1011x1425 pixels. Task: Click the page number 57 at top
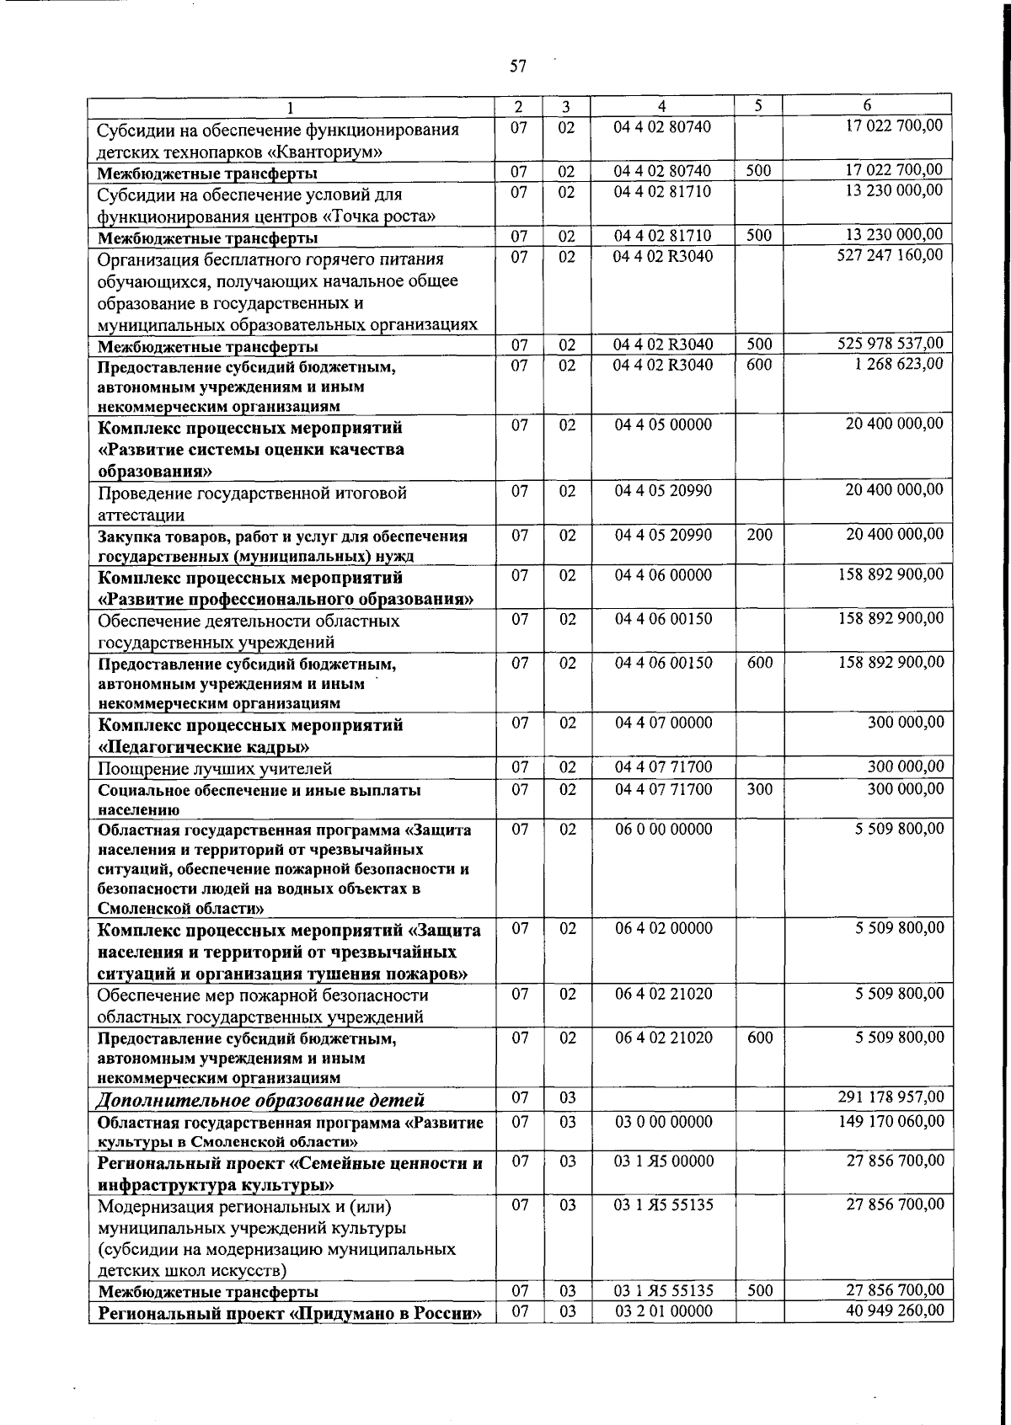coord(517,67)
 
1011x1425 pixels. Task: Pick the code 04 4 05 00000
coord(663,424)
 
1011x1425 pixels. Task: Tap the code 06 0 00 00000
coord(663,829)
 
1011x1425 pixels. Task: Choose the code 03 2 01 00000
coord(663,1310)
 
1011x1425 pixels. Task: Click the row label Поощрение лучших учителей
coord(215,768)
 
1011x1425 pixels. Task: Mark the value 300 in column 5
coord(759,789)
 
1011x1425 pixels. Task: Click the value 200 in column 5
coord(759,534)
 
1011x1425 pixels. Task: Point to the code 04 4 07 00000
coord(663,723)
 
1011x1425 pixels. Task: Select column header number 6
coord(867,105)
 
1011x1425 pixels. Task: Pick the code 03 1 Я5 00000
coord(663,1161)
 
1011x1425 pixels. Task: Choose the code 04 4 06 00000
coord(663,575)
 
